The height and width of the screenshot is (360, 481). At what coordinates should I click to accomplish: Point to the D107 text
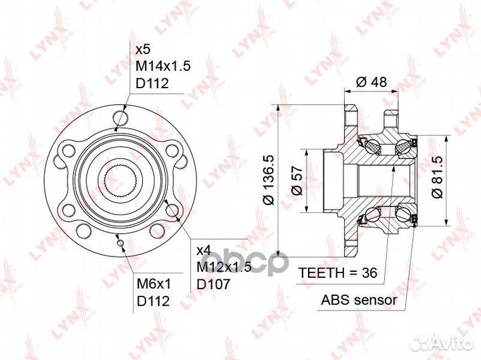tap(213, 285)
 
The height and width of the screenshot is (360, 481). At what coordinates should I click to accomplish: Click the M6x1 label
tap(153, 284)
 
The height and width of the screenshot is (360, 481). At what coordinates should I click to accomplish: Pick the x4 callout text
tap(203, 250)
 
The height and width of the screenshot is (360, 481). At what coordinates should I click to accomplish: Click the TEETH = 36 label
tap(338, 273)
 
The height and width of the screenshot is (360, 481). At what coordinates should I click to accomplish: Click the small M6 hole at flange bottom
tap(120, 243)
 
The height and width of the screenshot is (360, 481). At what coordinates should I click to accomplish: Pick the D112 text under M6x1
tap(153, 301)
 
